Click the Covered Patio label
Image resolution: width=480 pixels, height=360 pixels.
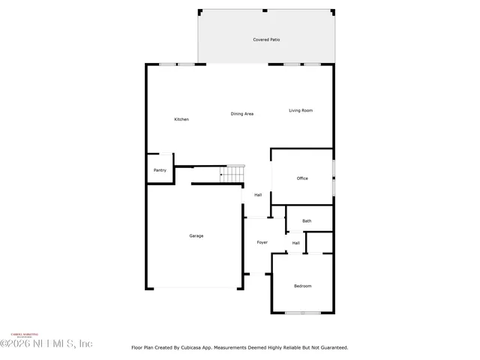point(265,40)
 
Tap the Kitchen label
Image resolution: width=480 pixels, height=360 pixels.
point(181,119)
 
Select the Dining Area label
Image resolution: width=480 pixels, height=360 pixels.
point(241,113)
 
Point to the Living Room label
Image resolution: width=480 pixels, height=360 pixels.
point(301,110)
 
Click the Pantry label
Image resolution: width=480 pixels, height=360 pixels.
point(160,170)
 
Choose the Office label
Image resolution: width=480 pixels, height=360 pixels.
point(302,178)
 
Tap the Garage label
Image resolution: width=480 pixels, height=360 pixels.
point(196,235)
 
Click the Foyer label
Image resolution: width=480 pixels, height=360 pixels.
point(262,242)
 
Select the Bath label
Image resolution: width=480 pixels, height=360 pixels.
point(307,220)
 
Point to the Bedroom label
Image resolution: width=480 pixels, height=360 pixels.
point(302,286)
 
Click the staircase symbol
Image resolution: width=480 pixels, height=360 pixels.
point(232,174)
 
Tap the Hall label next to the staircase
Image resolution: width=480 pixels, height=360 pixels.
point(257,195)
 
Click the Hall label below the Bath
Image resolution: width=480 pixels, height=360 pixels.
point(295,243)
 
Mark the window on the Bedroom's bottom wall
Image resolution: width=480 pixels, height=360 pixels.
point(302,313)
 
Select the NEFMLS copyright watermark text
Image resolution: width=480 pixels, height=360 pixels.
point(46,343)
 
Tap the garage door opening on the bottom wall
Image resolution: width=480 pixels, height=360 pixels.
point(194,289)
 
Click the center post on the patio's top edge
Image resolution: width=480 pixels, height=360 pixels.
point(264,10)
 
